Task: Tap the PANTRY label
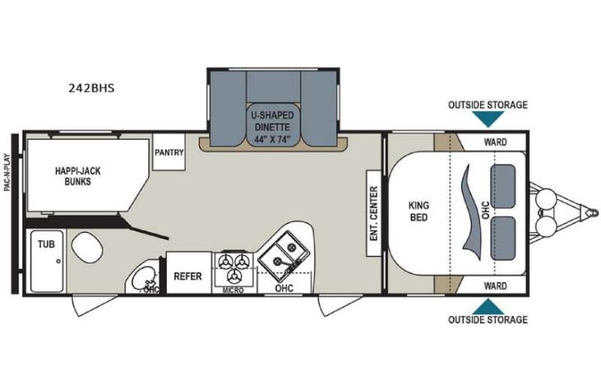(169, 152)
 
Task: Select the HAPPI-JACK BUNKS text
(73, 176)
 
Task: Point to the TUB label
(42, 244)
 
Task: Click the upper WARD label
(495, 142)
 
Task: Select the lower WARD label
(495, 286)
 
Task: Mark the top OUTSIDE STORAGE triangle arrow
(488, 119)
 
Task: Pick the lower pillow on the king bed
(502, 235)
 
